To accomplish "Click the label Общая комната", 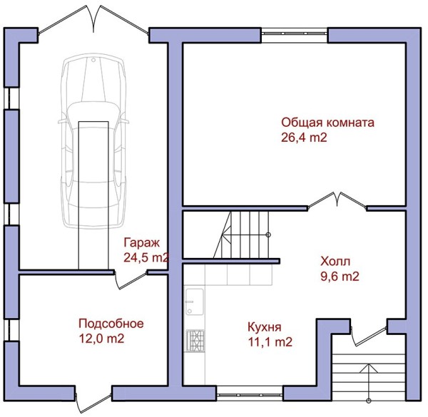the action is (327, 123).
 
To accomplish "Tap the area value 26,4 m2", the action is (304, 138).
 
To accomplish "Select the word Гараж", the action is (141, 242).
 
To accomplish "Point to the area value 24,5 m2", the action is (146, 257).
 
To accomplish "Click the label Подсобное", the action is (111, 324).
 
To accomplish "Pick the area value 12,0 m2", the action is (101, 339).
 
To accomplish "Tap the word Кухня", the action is (264, 327).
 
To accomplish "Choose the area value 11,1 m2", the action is (270, 342).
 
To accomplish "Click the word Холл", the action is (335, 262).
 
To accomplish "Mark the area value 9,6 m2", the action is (340, 277).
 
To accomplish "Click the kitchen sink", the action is (195, 302).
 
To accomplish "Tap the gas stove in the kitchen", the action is (195, 341).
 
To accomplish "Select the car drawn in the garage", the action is (93, 141).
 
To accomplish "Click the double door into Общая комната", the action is (337, 200).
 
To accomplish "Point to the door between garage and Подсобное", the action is (131, 280).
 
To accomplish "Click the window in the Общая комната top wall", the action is (294, 34).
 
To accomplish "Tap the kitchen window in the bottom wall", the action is (250, 393).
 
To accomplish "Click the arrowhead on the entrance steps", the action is (369, 368).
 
